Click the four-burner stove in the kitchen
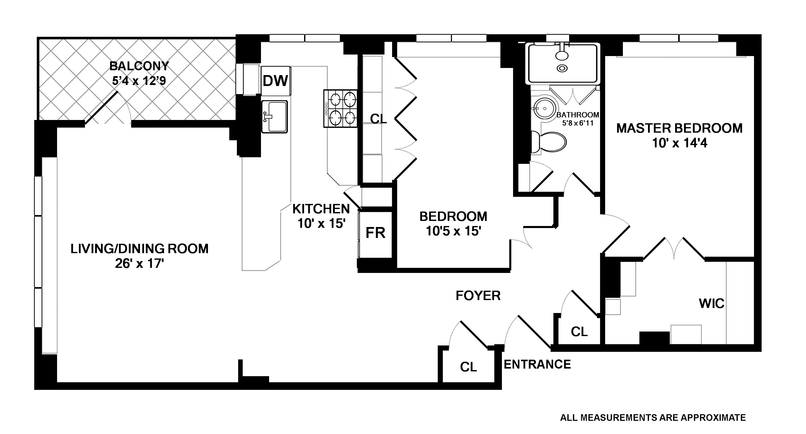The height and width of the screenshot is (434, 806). pyautogui.click(x=340, y=109)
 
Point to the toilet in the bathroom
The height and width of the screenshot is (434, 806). pyautogui.click(x=550, y=142)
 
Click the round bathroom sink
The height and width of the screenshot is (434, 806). pyautogui.click(x=545, y=108)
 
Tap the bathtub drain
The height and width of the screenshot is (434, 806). pyautogui.click(x=562, y=68)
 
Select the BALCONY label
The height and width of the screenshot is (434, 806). pyautogui.click(x=139, y=66)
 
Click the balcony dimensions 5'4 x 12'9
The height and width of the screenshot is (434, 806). pyautogui.click(x=139, y=81)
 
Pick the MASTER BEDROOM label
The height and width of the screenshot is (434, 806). pyautogui.click(x=679, y=128)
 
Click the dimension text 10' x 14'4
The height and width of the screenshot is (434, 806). pyautogui.click(x=680, y=143)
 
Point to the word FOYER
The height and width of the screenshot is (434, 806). pyautogui.click(x=478, y=296)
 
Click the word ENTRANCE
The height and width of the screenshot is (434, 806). pyautogui.click(x=537, y=364)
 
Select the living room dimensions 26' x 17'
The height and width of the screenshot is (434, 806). pyautogui.click(x=139, y=264)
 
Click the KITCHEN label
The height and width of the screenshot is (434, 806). pyautogui.click(x=321, y=209)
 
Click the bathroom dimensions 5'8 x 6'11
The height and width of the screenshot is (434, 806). pyautogui.click(x=577, y=123)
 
